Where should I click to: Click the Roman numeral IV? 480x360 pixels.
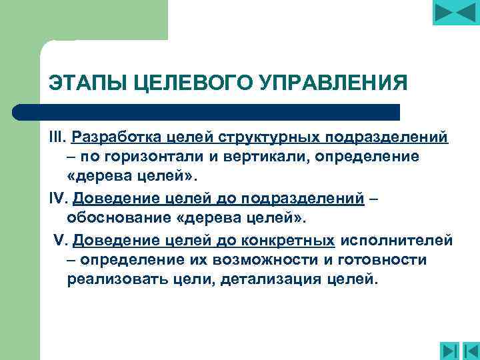point(59,198)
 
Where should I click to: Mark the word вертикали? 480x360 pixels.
point(277,158)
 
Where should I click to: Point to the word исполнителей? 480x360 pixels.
point(397,239)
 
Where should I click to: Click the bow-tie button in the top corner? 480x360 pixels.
point(455,13)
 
